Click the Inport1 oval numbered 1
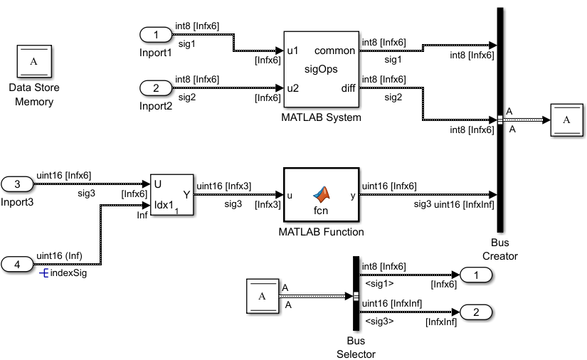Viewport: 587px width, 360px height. click(x=157, y=34)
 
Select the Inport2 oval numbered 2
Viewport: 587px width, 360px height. click(x=157, y=89)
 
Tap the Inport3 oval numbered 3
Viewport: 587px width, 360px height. click(x=18, y=184)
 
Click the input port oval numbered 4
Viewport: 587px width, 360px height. click(x=18, y=264)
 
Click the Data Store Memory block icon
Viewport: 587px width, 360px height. click(x=33, y=61)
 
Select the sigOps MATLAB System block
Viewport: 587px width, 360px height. click(x=321, y=70)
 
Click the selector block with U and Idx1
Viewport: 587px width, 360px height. click(x=171, y=194)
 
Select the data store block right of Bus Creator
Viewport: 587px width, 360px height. click(x=567, y=120)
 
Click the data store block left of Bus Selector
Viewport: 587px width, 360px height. click(x=262, y=297)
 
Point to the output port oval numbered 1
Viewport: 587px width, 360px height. click(x=476, y=275)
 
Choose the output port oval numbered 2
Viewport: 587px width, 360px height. click(x=476, y=312)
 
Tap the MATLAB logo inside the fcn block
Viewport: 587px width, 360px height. click(x=323, y=192)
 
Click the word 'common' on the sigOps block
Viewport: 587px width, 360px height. click(x=334, y=51)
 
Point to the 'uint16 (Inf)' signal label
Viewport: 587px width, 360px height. click(x=61, y=255)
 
